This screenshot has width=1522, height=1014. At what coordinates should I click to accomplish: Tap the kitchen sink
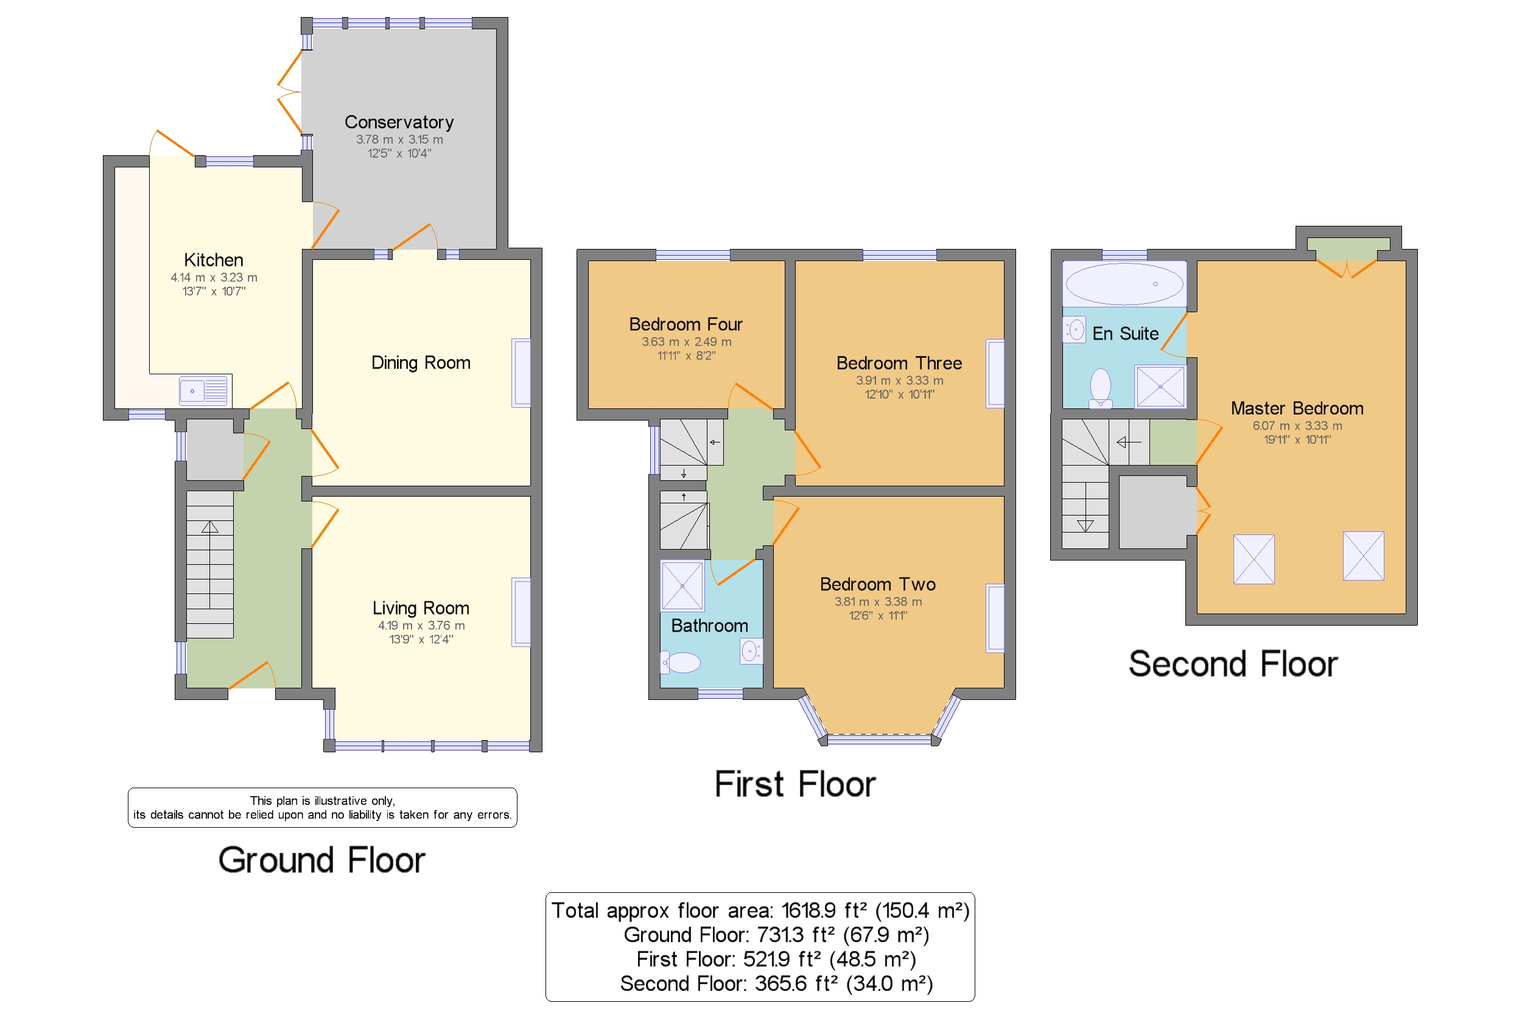tap(204, 391)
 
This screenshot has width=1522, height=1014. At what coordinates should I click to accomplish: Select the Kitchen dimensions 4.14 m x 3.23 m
tap(214, 278)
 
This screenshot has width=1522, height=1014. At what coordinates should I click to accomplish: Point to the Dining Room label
tap(421, 363)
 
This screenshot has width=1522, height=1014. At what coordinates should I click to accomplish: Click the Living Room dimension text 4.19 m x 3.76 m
tap(421, 625)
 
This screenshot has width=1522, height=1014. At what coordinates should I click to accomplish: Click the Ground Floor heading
tap(321, 860)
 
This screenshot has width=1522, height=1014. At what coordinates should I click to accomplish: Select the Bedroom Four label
tap(686, 324)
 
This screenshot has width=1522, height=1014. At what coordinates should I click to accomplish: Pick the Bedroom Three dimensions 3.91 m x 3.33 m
tap(899, 380)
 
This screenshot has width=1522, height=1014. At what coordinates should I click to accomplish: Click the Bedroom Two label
tap(878, 584)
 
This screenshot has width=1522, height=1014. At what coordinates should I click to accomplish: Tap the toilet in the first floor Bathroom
tap(680, 662)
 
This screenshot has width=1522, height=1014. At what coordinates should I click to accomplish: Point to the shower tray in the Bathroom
tap(682, 586)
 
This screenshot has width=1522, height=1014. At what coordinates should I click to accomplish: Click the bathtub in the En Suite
tap(1124, 284)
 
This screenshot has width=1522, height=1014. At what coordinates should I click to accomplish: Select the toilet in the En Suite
tap(1100, 388)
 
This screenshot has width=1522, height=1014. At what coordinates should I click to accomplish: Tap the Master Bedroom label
tap(1296, 408)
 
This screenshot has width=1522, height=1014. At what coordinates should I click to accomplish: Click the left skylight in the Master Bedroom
tap(1254, 559)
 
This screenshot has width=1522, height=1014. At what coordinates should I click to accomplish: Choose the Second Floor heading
tap(1233, 664)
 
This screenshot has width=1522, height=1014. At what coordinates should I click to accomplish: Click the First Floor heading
tap(794, 785)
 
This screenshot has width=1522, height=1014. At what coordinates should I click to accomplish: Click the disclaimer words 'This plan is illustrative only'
tap(322, 800)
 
